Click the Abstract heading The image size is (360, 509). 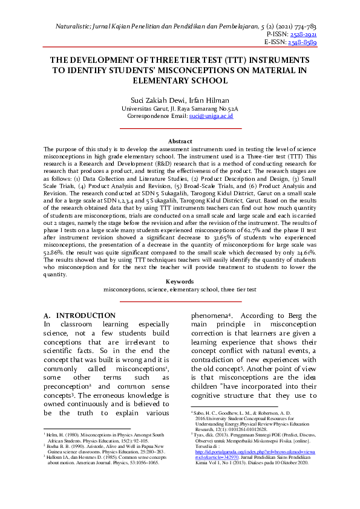[x=180, y=141]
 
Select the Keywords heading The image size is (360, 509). [x=180, y=281]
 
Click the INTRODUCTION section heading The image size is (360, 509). [x=85, y=316]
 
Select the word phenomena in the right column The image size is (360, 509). [x=208, y=316]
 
